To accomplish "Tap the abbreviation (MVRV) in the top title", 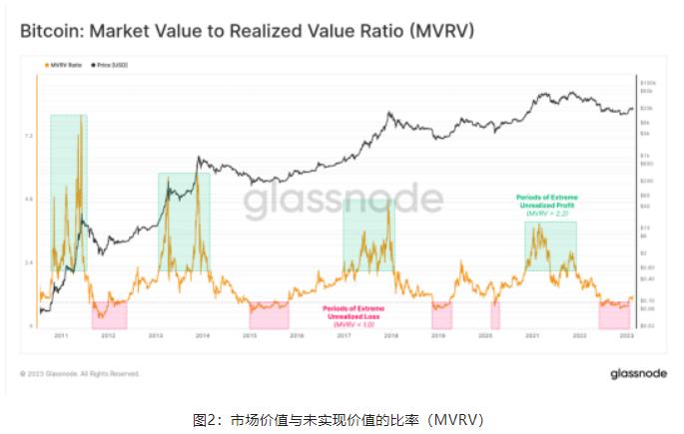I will pyautogui.click(x=438, y=31).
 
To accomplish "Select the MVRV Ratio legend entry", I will pyautogui.click(x=65, y=65).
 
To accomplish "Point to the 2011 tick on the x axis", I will pyautogui.click(x=60, y=337).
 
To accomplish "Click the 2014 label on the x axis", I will pyautogui.click(x=203, y=337).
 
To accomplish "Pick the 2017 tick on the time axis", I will pyautogui.click(x=344, y=337).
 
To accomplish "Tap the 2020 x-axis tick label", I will pyautogui.click(x=486, y=337).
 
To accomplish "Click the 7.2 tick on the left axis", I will pyautogui.click(x=30, y=136).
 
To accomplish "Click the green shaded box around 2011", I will pyautogui.click(x=68, y=190).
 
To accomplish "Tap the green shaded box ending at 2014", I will pyautogui.click(x=184, y=221).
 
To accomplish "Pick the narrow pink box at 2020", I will pyautogui.click(x=495, y=315).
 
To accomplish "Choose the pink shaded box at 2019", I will pyautogui.click(x=441, y=315).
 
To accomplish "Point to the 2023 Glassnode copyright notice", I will pyautogui.click(x=80, y=374).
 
